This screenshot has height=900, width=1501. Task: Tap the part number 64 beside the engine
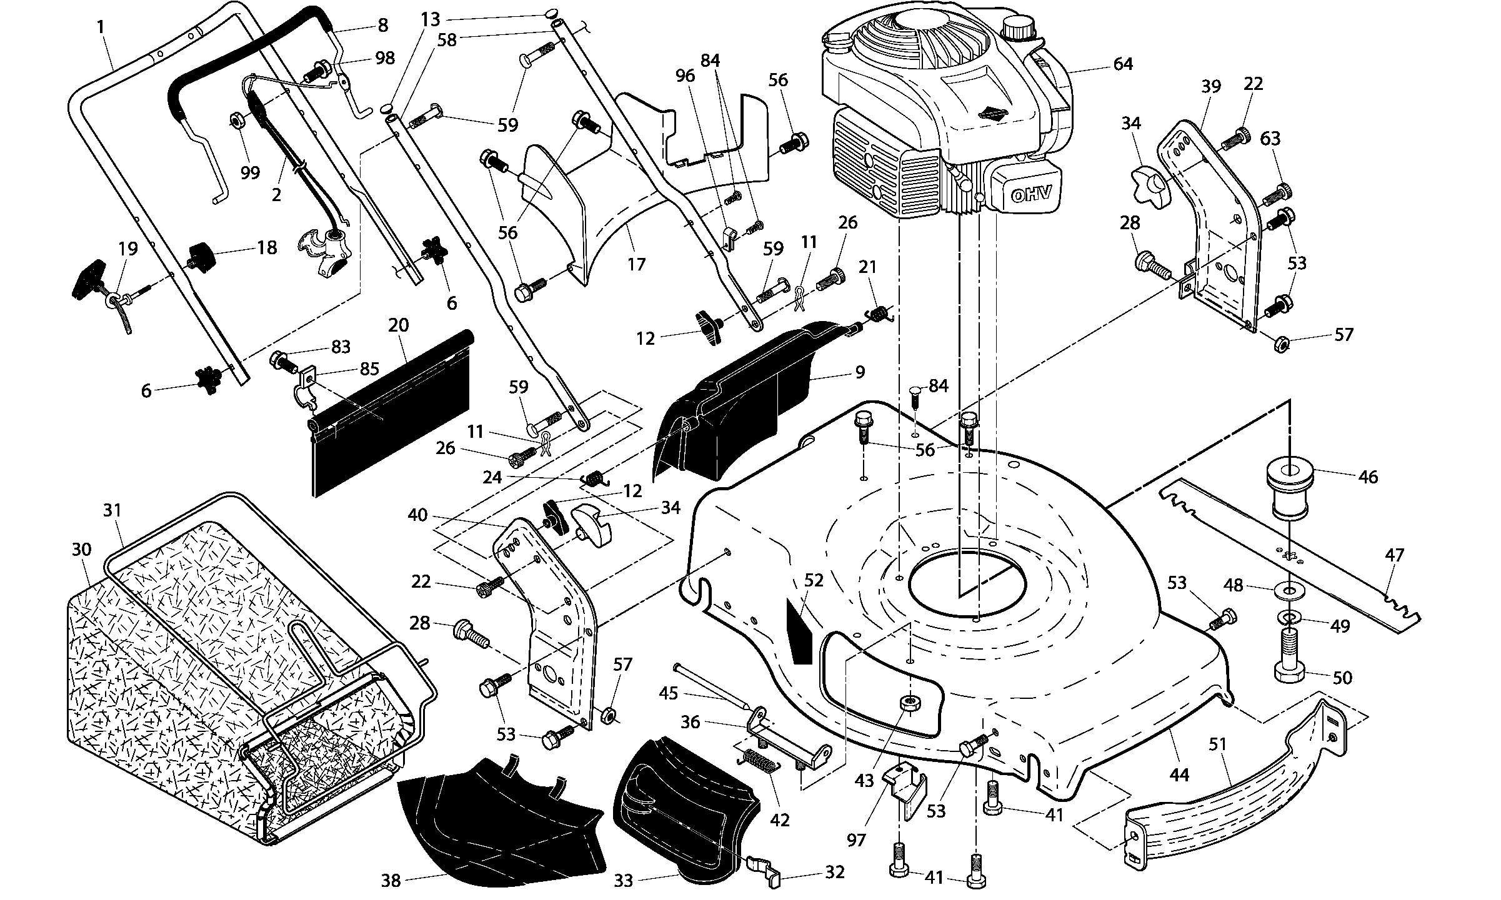coord(1123,64)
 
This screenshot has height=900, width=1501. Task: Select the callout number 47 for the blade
coord(1394,555)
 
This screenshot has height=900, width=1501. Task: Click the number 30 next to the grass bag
coord(81,550)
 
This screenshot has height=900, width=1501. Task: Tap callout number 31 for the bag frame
coord(112,511)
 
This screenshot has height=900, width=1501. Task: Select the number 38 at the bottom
coord(391,881)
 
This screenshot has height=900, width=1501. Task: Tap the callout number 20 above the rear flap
coord(398,325)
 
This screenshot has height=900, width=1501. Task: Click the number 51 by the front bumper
coord(1217,744)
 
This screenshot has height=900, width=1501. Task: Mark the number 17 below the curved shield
coord(636,264)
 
